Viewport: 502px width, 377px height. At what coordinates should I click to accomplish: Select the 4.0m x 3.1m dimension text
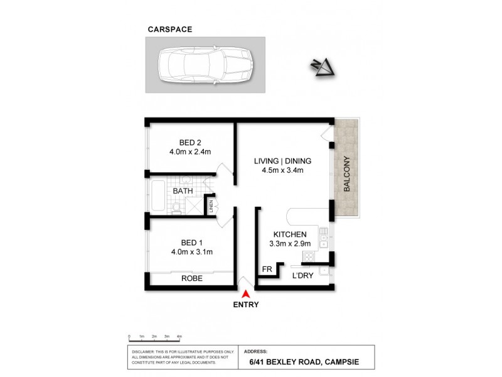[191, 252]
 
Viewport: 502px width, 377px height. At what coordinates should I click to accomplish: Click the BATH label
[183, 190]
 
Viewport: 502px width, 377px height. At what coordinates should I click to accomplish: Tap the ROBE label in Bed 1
[191, 278]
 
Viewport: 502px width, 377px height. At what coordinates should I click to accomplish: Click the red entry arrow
[247, 293]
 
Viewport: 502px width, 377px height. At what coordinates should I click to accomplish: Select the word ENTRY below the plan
[247, 305]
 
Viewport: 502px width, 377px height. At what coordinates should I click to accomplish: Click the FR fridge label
[267, 270]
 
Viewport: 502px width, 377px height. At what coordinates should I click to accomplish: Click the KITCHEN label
[289, 234]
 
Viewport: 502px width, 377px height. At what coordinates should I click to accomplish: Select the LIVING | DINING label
[282, 161]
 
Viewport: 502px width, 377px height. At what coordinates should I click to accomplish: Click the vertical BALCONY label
[346, 174]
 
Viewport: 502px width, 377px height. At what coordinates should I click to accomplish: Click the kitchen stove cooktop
[308, 256]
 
